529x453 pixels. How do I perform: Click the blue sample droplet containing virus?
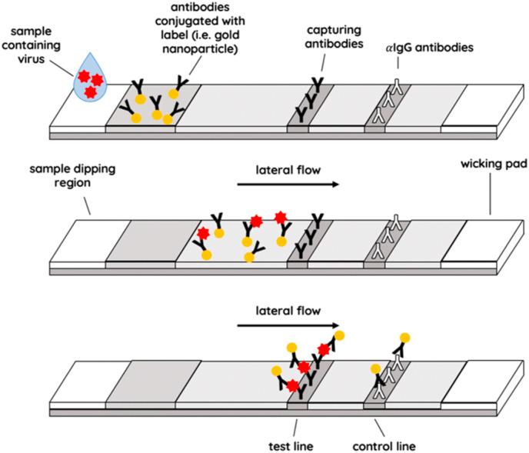(90, 79)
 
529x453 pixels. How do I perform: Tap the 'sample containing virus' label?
(31, 45)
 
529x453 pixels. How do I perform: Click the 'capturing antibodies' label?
(334, 37)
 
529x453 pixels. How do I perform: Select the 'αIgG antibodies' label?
(430, 48)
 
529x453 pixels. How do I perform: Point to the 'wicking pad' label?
(494, 164)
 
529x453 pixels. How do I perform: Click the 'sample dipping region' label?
(72, 175)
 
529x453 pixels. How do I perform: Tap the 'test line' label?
(291, 446)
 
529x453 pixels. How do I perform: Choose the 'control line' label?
(384, 446)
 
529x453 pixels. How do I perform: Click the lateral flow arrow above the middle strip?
(288, 184)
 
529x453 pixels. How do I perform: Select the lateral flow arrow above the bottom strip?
(288, 325)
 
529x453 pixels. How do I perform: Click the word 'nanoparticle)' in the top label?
(200, 49)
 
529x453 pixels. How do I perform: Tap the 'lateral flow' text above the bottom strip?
(288, 311)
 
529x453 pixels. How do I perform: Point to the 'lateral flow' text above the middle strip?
(288, 170)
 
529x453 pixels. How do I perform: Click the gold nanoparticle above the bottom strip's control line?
(405, 338)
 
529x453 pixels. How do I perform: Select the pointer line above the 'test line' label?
(295, 428)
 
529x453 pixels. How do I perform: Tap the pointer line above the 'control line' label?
(380, 428)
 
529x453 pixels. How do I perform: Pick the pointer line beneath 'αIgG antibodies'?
(398, 63)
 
